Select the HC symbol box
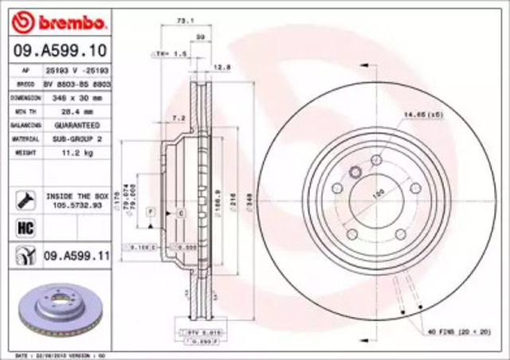[23, 227]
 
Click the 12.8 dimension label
[223, 68]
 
